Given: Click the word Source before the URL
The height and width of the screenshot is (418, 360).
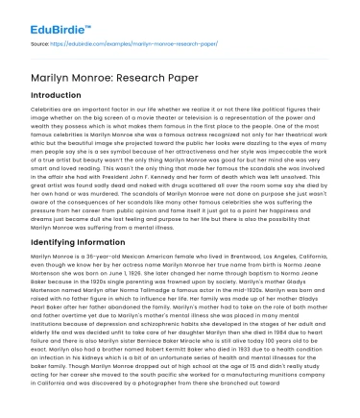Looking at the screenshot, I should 42,43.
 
